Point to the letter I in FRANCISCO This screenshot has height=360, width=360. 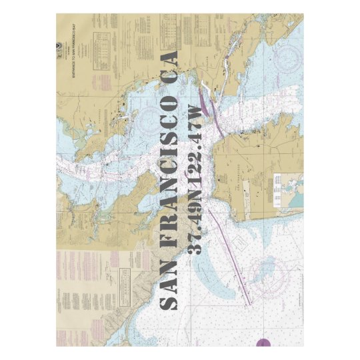(x=170, y=165)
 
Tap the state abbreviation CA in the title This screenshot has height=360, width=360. (x=170, y=67)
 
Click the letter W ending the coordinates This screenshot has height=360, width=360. (x=195, y=113)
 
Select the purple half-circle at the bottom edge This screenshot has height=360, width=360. (x=264, y=343)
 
